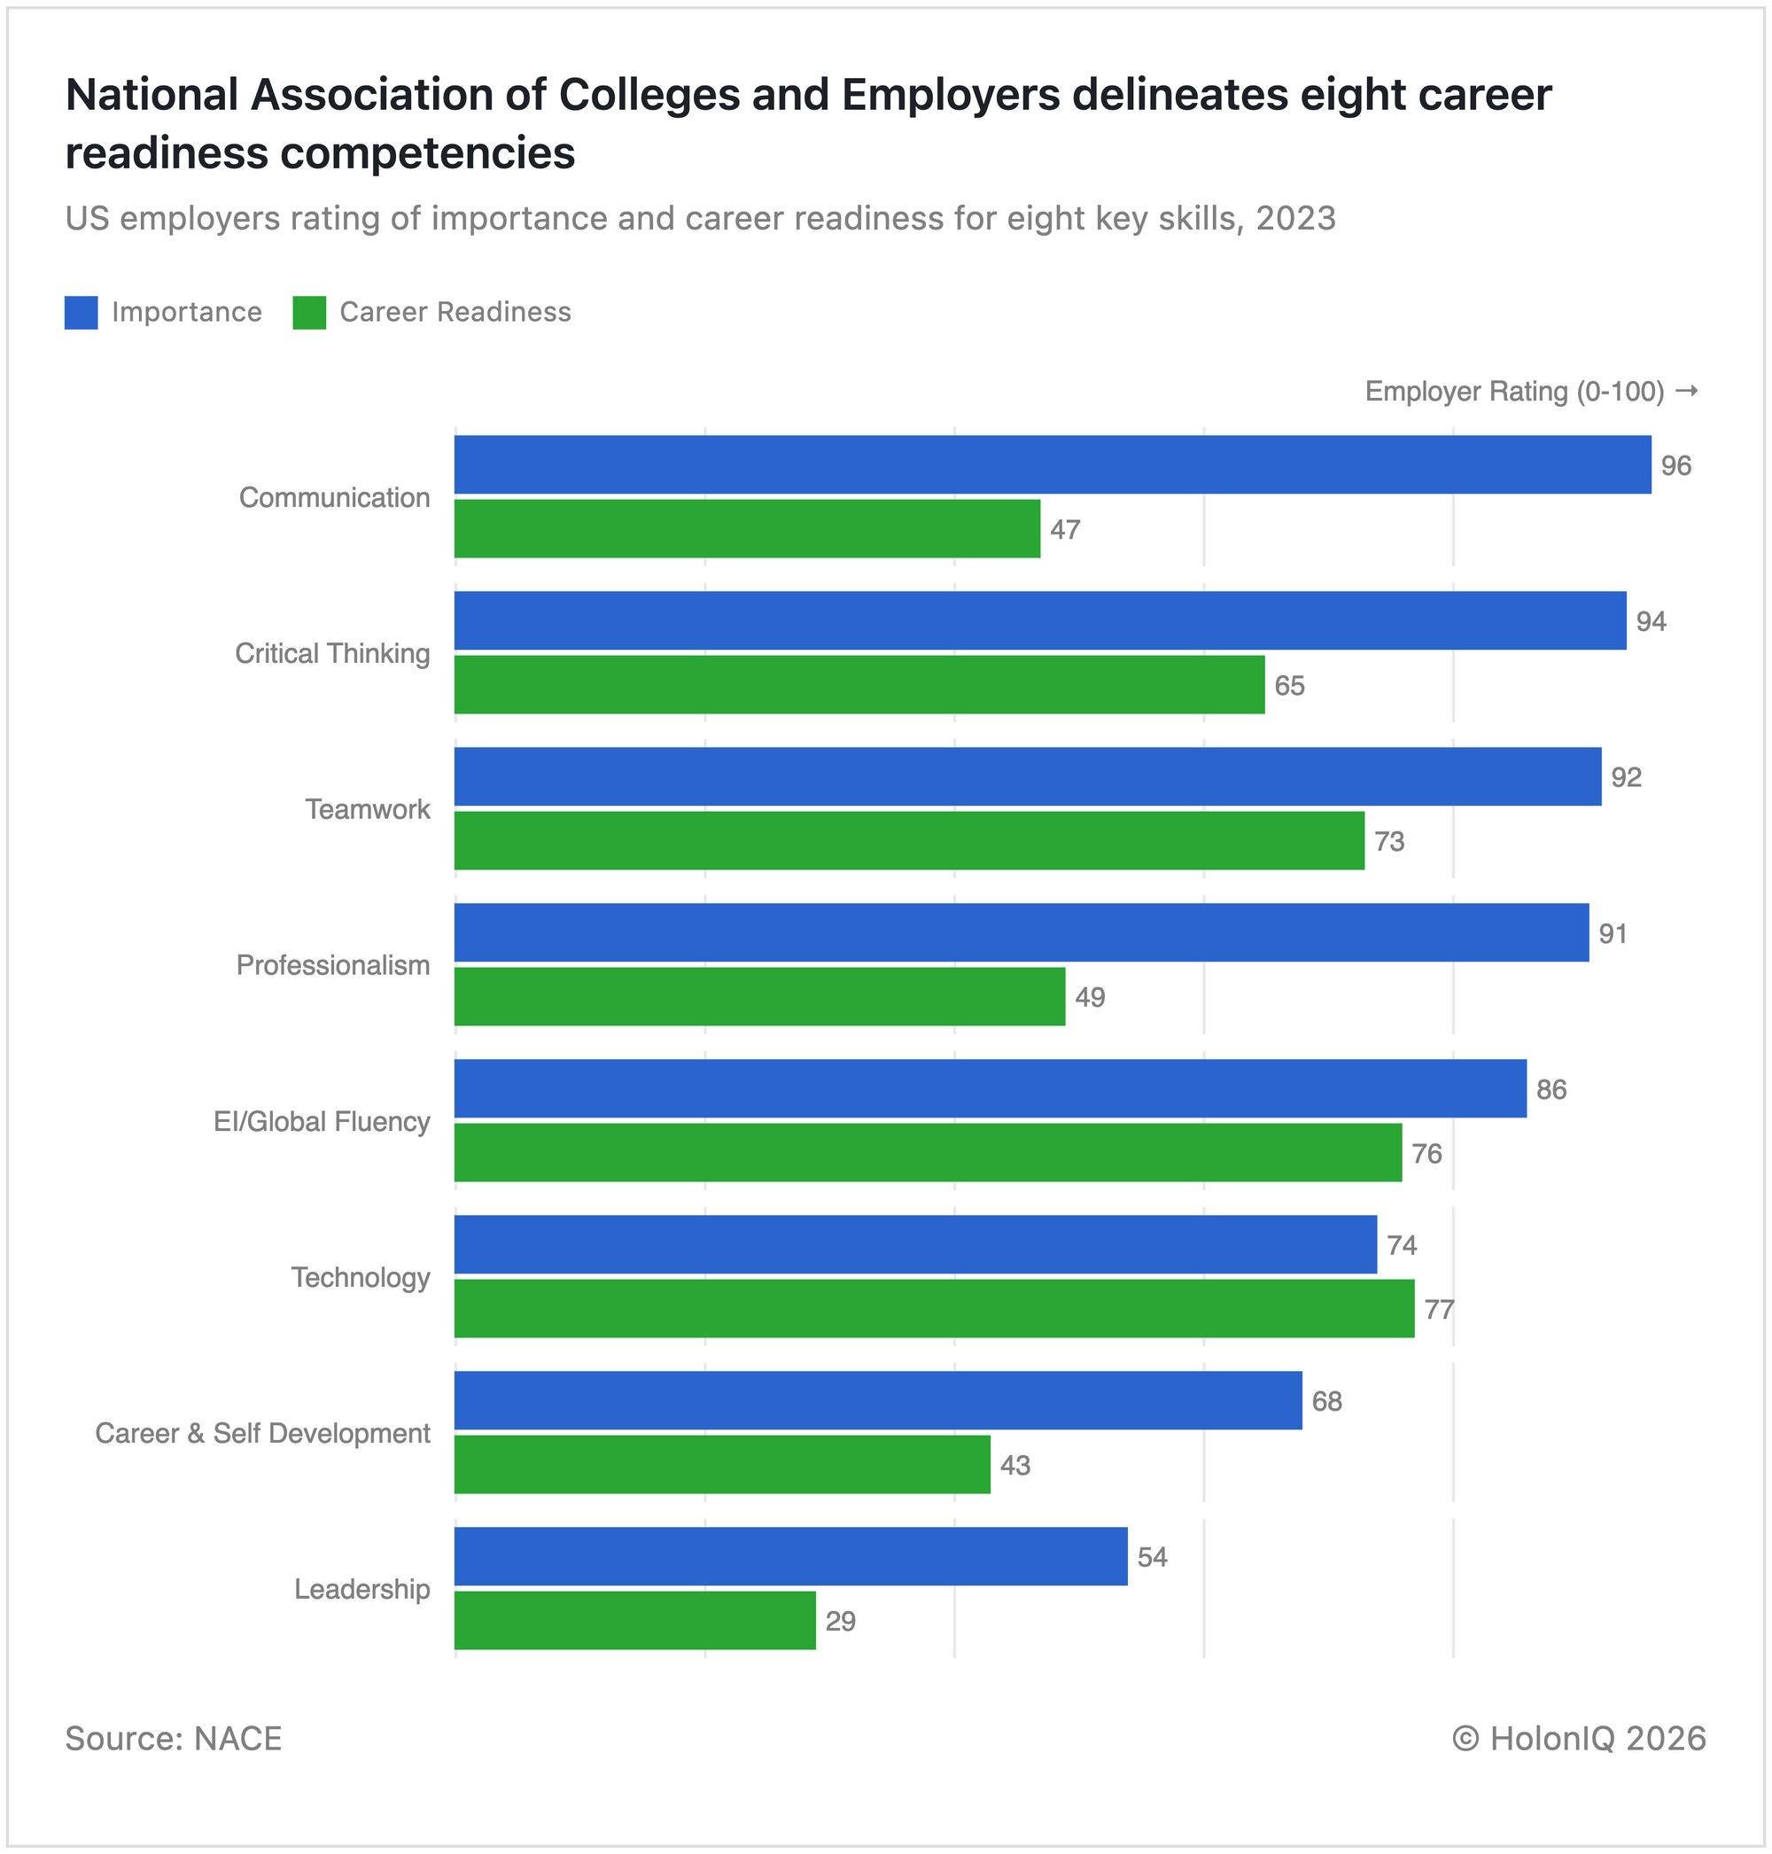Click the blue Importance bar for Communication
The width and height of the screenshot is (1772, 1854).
(x=1053, y=465)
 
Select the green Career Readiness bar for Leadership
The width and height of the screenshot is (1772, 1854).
(x=634, y=1621)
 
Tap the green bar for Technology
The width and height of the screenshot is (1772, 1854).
(x=934, y=1309)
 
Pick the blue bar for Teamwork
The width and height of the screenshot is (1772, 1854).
(x=1028, y=776)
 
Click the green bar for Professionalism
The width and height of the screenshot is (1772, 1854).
(x=759, y=997)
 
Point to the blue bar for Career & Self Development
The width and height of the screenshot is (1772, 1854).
(x=877, y=1400)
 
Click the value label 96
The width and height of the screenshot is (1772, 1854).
(x=1675, y=466)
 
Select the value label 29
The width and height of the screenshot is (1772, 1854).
(x=840, y=1622)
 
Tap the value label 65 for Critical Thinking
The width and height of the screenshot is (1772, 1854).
(x=1289, y=686)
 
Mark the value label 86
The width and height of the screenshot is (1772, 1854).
(x=1551, y=1089)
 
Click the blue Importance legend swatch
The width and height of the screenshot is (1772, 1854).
(x=82, y=313)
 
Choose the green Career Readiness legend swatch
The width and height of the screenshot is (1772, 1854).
(x=309, y=313)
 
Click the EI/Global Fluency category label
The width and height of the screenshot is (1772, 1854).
(x=323, y=1122)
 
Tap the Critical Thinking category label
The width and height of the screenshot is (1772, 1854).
(x=332, y=654)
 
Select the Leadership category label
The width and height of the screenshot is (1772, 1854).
(x=361, y=1589)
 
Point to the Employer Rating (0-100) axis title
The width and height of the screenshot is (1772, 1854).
(x=1514, y=391)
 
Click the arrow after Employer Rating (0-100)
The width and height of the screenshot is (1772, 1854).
(x=1686, y=391)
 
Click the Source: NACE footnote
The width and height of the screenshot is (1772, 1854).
(x=174, y=1739)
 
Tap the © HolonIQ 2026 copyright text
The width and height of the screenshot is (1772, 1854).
(x=1578, y=1739)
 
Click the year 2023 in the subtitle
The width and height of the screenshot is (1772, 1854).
(x=1295, y=218)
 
